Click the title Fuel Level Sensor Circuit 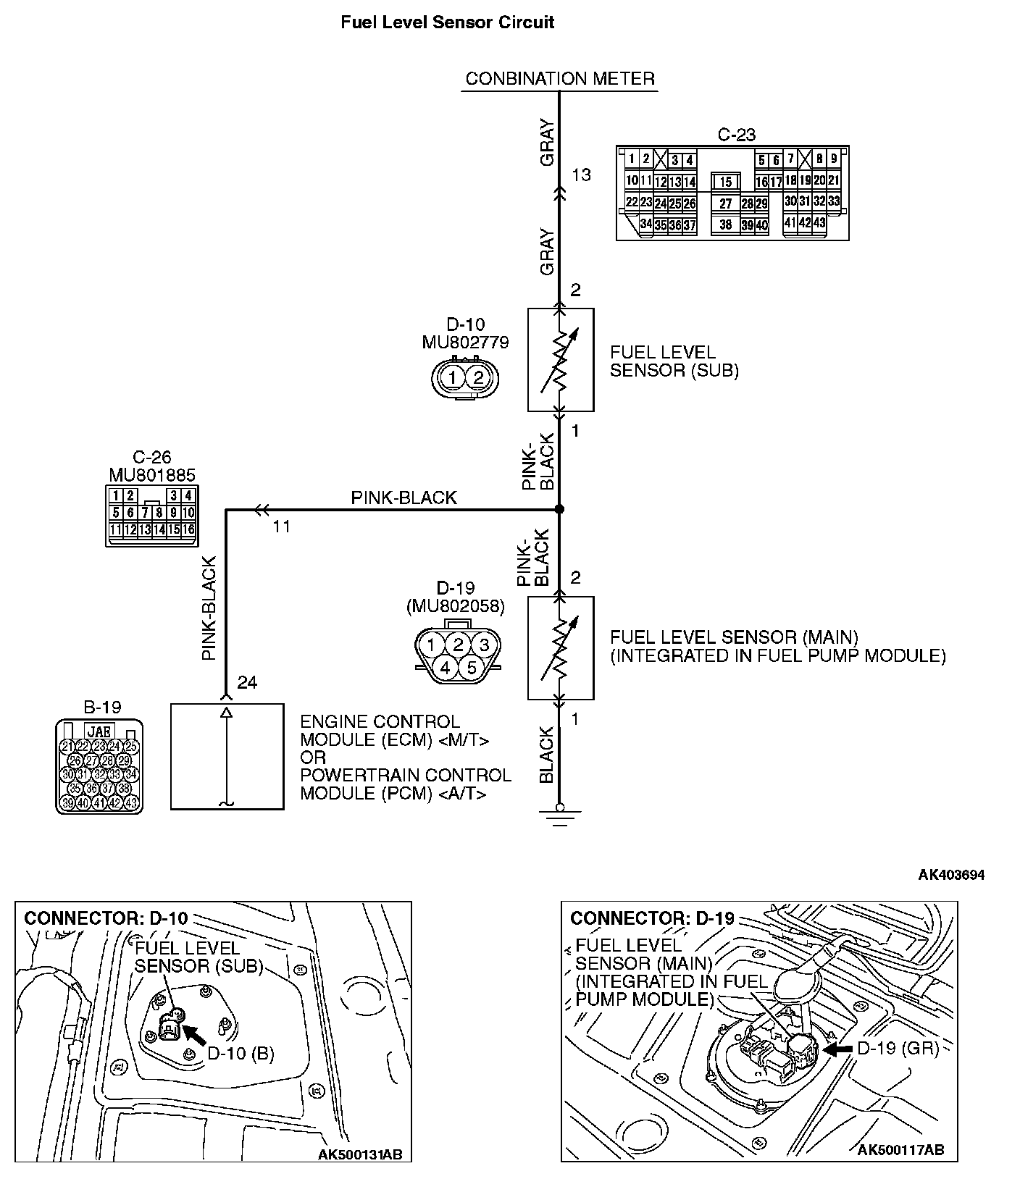447,22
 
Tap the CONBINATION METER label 559,78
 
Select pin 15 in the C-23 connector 725,182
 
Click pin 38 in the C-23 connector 725,225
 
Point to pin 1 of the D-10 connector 452,377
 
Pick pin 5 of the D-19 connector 472,667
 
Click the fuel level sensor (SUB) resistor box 560,360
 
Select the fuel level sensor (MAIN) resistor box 560,648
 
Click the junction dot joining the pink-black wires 559,510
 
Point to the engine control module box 227,756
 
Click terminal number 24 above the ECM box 247,683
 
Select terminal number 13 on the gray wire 581,175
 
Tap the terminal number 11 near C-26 281,526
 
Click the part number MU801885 152,475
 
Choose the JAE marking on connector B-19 99,731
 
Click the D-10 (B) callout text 241,1053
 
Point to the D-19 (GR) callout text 898,1049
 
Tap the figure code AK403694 951,875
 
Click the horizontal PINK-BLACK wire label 404,498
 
